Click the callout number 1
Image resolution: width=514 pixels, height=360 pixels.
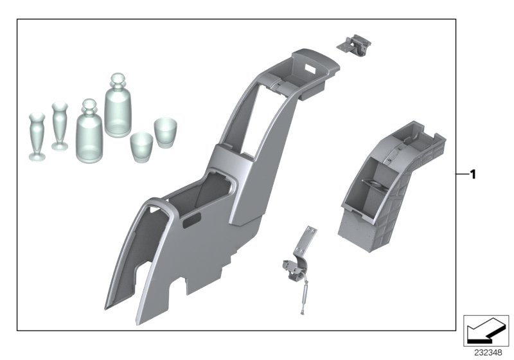pos(472,174)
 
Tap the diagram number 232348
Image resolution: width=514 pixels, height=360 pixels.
pos(488,353)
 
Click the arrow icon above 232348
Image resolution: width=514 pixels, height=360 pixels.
pos(486,330)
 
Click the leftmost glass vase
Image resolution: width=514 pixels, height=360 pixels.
pos(37,137)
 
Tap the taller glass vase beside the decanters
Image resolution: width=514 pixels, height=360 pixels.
pos(60,126)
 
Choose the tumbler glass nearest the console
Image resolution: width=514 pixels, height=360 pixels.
pos(166,132)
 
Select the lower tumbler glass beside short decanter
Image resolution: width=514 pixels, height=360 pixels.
pos(141,147)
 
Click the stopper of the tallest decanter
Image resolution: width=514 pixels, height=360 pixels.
pos(118,80)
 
